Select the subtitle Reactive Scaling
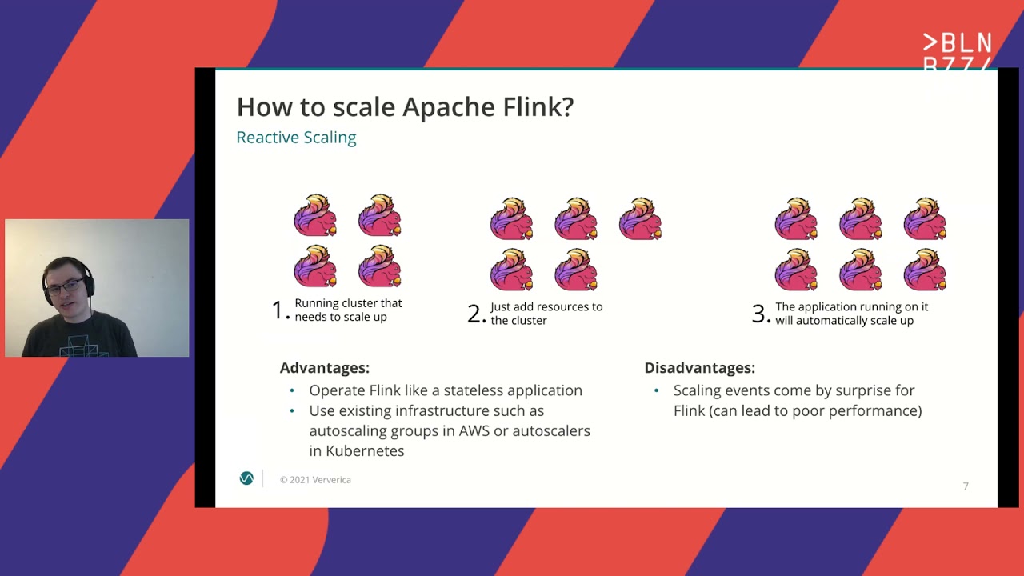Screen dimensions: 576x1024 pyautogui.click(x=296, y=138)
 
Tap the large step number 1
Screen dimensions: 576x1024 pyautogui.click(x=278, y=310)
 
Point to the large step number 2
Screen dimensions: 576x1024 pyautogui.click(x=474, y=313)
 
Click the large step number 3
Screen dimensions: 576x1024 pyautogui.click(x=758, y=313)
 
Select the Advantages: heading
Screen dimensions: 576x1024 pyautogui.click(x=324, y=368)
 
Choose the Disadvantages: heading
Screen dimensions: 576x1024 pyautogui.click(x=699, y=368)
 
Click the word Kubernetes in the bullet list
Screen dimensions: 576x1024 pyautogui.click(x=357, y=450)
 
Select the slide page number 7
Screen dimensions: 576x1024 pyautogui.click(x=966, y=486)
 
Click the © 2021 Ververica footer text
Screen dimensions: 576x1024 pyautogui.click(x=315, y=480)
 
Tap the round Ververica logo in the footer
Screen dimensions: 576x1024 pyautogui.click(x=246, y=478)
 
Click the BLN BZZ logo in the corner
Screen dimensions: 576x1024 pyautogui.click(x=957, y=53)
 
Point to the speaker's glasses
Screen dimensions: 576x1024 pyautogui.click(x=64, y=287)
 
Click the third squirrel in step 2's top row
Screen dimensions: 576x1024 pyautogui.click(x=641, y=219)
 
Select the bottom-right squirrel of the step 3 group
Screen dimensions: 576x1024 pyautogui.click(x=926, y=269)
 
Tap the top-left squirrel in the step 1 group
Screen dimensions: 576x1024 pyautogui.click(x=316, y=215)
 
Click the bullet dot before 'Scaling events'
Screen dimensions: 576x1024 pyautogui.click(x=657, y=390)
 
